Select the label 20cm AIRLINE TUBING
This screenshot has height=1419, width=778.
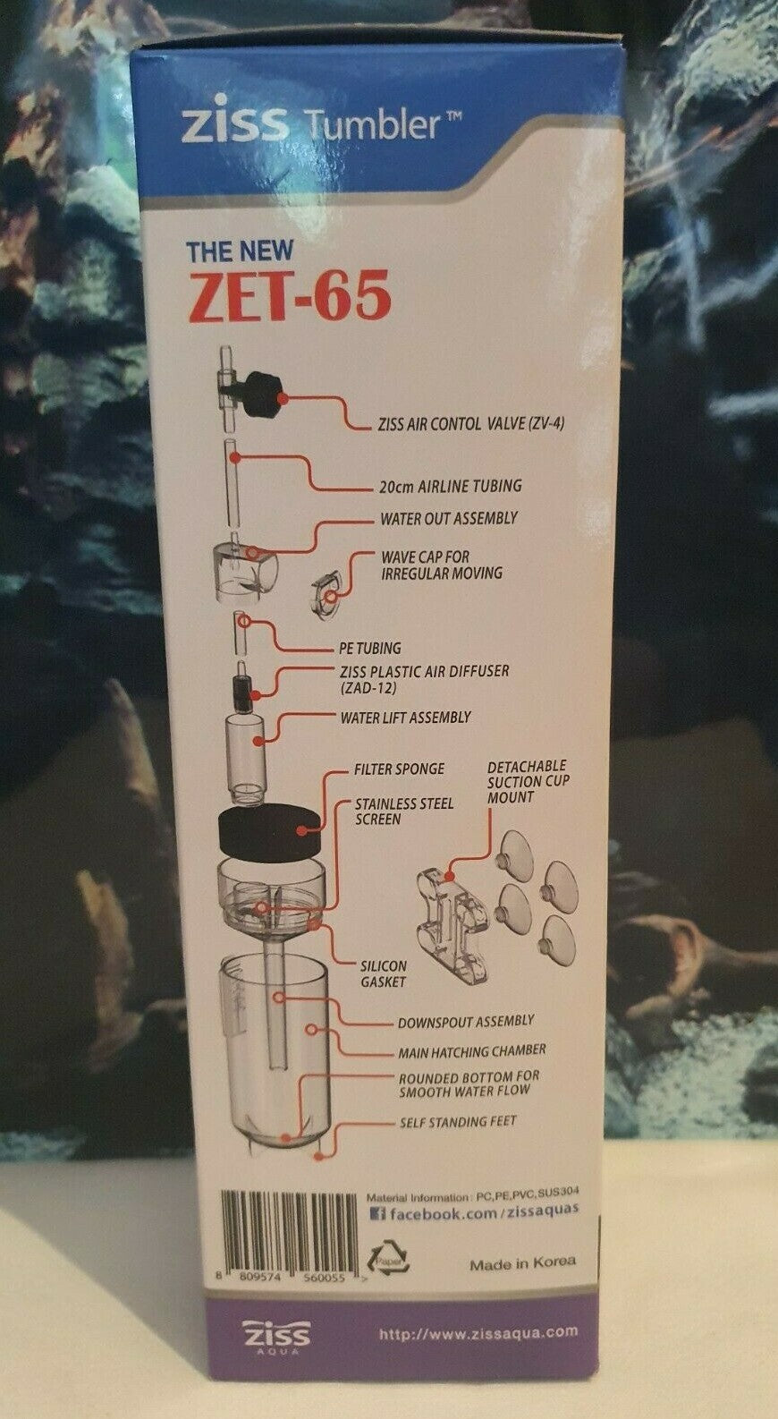[451, 487]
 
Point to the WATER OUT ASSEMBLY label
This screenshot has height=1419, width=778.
[449, 519]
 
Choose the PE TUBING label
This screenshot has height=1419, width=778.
[369, 648]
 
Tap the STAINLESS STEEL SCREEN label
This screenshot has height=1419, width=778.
[404, 811]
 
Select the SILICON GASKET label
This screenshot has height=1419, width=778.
[384, 973]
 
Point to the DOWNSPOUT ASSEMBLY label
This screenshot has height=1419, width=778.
[466, 1022]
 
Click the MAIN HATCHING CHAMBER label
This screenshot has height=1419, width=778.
[471, 1051]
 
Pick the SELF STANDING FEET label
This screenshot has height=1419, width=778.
[458, 1122]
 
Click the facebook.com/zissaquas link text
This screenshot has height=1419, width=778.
[474, 1211]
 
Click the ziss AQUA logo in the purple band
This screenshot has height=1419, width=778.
[276, 1334]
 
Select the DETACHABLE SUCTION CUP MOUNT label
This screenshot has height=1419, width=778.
[528, 782]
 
